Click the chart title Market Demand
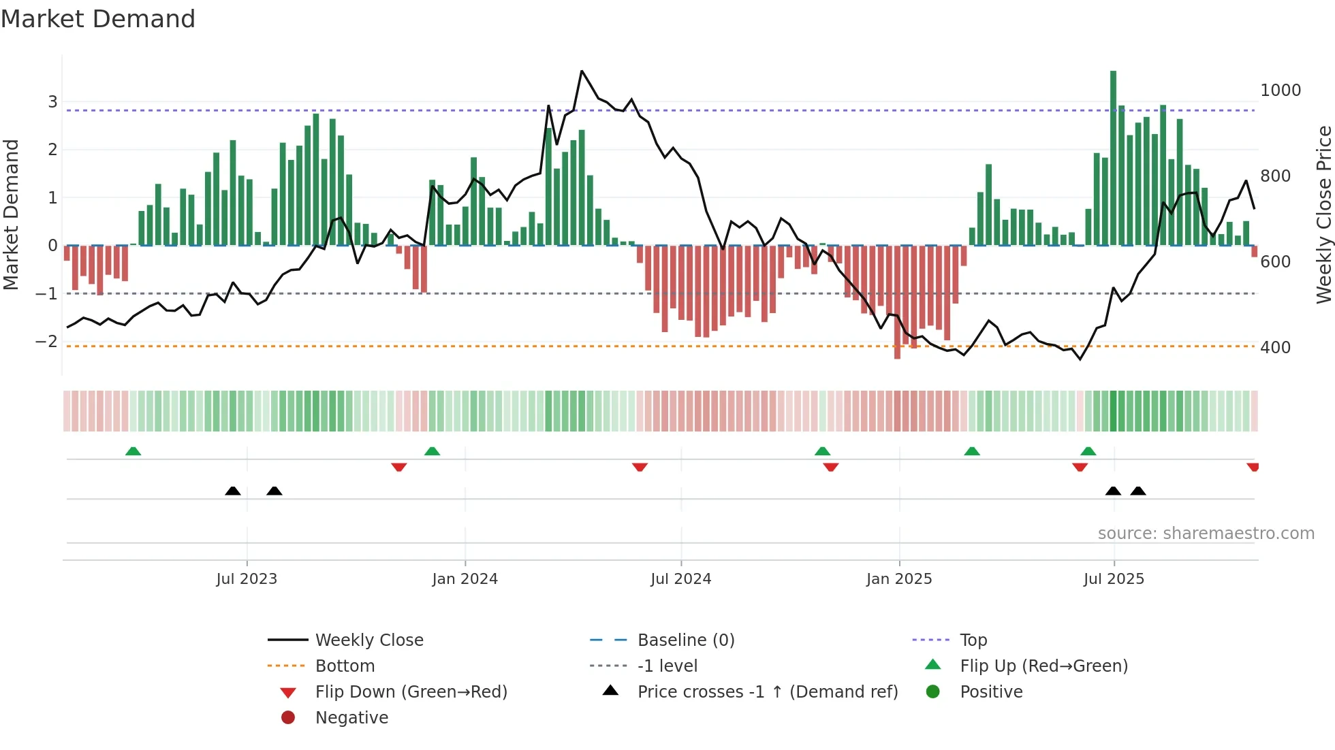tap(98, 19)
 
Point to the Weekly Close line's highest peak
tap(582, 71)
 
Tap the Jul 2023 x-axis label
tap(247, 579)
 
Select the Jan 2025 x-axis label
tap(899, 579)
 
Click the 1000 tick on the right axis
tap(1280, 91)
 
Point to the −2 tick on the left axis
tap(47, 342)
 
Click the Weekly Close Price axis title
tap(1323, 214)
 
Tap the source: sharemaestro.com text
tap(1206, 534)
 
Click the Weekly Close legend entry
tap(368, 640)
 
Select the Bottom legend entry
tap(345, 666)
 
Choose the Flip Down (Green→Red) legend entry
tap(411, 692)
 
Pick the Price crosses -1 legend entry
tap(767, 692)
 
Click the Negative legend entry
tap(351, 718)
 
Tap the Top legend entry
tap(973, 640)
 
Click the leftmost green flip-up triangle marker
tap(133, 451)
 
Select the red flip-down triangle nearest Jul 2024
tap(640, 467)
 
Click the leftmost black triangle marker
tap(233, 491)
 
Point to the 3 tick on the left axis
tap(52, 102)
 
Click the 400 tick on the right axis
tap(1275, 348)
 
